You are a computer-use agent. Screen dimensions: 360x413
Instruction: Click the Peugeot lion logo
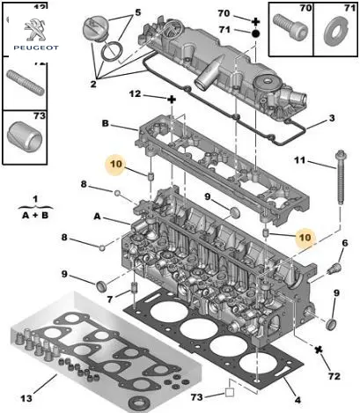click(35, 30)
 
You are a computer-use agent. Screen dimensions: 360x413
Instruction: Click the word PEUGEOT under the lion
click(36, 48)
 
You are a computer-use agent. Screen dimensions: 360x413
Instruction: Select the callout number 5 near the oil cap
click(138, 12)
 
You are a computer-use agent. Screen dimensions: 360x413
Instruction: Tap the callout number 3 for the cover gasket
click(332, 118)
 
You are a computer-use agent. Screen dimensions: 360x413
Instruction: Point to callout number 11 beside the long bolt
click(300, 160)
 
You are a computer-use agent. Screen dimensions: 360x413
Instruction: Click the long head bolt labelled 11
click(341, 178)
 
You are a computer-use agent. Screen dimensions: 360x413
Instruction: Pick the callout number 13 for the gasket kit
click(26, 398)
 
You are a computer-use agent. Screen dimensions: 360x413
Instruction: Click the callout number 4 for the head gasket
click(298, 400)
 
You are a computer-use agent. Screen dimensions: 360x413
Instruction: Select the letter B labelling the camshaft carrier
click(106, 123)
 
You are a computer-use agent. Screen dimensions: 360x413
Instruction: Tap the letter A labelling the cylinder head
click(98, 217)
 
